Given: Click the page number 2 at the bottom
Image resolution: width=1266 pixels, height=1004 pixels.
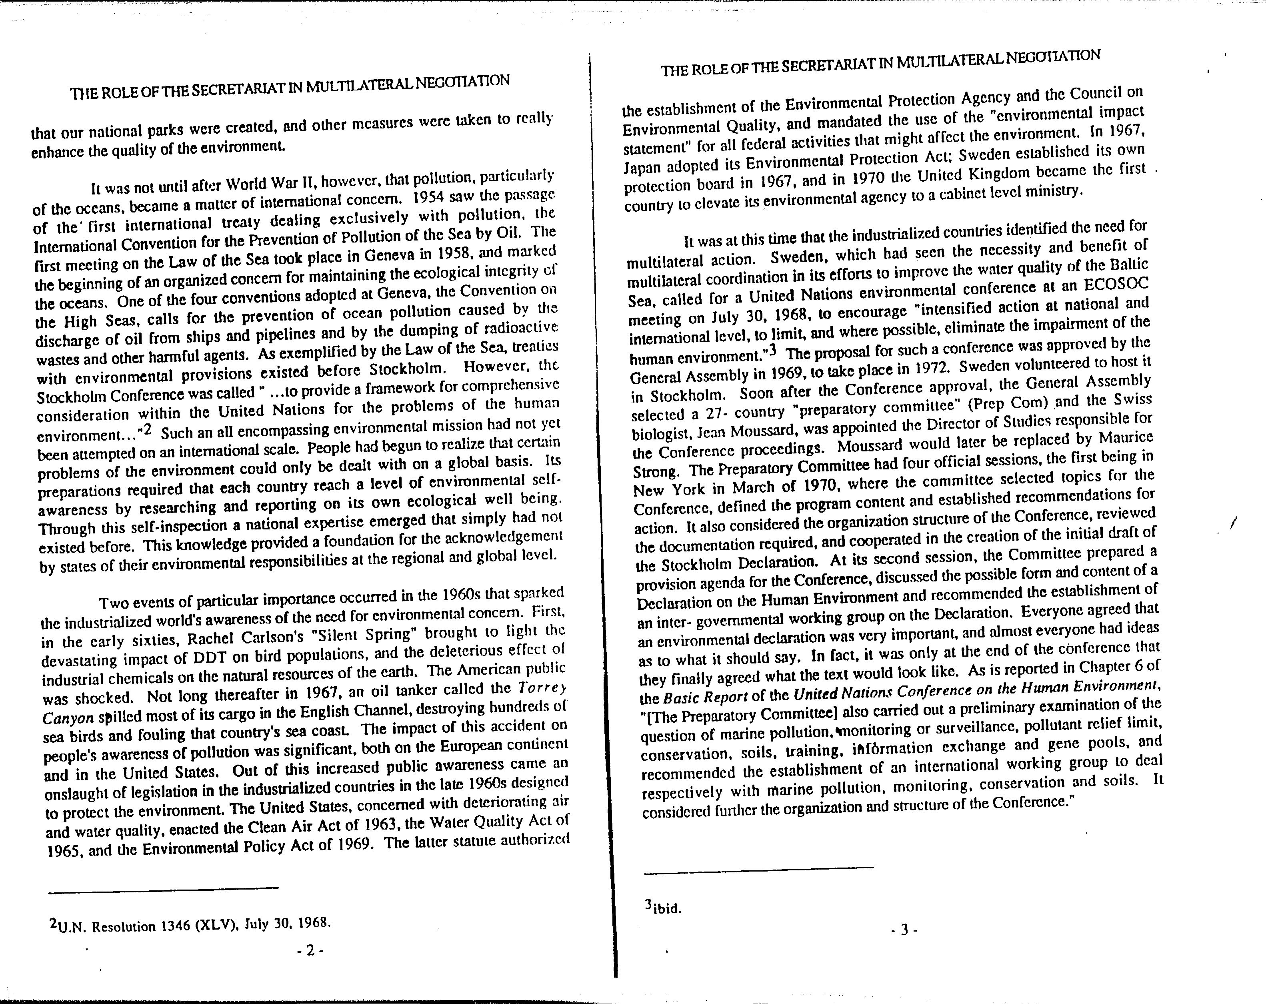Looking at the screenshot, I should point(310,950).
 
